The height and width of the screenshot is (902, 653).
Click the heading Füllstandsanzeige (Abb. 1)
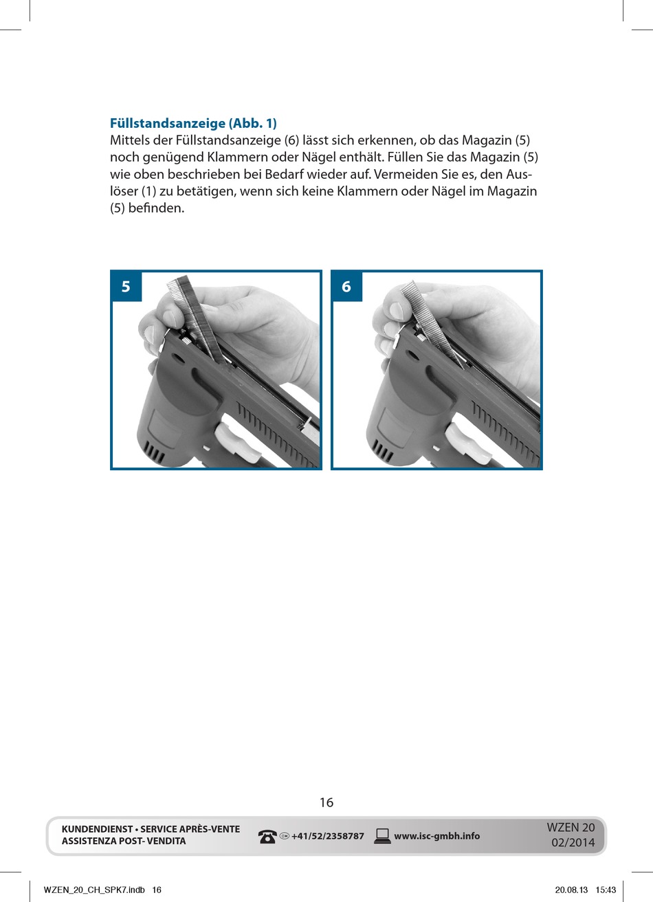click(193, 123)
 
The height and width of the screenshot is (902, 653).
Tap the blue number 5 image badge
click(126, 286)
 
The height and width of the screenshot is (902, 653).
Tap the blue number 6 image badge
click(346, 286)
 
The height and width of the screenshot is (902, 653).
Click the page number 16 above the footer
click(326, 802)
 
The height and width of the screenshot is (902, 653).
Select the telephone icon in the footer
click(267, 837)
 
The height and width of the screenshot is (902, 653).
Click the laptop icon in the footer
click(382, 837)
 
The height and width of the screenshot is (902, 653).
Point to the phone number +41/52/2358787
click(327, 837)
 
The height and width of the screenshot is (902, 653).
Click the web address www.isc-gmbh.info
click(436, 836)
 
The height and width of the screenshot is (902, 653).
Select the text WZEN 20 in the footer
click(571, 827)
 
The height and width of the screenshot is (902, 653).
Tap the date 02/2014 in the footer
click(573, 842)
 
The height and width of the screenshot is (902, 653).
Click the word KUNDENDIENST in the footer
click(97, 829)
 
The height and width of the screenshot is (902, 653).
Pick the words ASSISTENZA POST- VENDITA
click(124, 841)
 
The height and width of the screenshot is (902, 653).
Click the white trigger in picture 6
click(467, 443)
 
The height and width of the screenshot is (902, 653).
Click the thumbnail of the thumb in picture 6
click(397, 311)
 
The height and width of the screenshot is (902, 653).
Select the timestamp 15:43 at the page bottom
click(606, 890)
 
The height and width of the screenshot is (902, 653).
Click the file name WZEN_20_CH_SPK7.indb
click(94, 890)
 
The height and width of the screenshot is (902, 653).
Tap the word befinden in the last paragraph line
click(156, 208)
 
